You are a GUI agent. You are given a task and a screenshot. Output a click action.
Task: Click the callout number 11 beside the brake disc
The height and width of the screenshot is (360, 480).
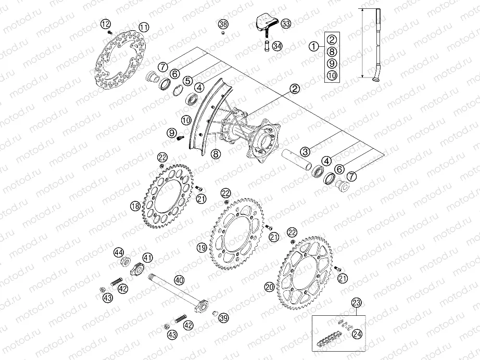tap(144, 27)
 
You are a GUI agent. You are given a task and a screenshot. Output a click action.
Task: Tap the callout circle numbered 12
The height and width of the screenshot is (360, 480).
tap(106, 23)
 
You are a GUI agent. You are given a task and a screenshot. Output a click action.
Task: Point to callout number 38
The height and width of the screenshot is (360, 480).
tap(223, 24)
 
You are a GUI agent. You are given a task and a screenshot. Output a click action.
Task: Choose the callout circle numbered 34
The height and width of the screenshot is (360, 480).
tap(277, 46)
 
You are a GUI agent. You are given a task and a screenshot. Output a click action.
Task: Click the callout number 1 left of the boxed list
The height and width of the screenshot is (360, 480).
tap(313, 46)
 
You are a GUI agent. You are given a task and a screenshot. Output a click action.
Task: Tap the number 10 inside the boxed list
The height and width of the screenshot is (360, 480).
tap(332, 75)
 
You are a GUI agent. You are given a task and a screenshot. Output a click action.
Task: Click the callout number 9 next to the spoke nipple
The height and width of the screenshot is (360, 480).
tap(171, 133)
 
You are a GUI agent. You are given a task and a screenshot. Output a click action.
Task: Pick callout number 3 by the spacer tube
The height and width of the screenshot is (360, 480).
tap(305, 151)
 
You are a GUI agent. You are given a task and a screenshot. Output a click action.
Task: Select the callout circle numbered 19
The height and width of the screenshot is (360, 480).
tap(201, 249)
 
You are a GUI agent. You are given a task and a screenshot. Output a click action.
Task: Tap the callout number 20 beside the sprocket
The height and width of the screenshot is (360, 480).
tap(269, 286)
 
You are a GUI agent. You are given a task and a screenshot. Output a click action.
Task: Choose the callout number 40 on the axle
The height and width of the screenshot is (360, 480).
tap(179, 280)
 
